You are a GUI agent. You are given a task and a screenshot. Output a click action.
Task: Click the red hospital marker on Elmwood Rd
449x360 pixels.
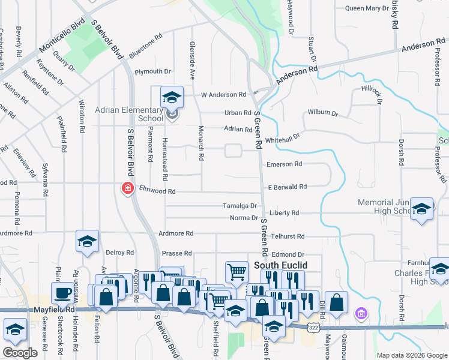click(127, 189)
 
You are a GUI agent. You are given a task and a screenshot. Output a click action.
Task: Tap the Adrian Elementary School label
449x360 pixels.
click(129, 115)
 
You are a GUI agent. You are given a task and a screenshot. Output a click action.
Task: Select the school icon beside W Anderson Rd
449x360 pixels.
click(172, 96)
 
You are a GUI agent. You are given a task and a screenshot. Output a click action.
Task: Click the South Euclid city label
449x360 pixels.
click(281, 265)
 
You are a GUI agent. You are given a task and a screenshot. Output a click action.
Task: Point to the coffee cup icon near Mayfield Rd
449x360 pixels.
click(62, 293)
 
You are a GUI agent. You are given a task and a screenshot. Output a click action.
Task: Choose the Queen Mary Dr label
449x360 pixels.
click(367, 8)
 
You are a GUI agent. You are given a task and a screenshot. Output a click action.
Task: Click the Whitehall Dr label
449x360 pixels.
click(282, 137)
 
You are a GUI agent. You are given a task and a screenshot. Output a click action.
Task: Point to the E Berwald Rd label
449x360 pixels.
click(288, 187)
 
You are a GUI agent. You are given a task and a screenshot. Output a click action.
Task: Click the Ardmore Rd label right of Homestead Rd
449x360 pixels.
click(176, 233)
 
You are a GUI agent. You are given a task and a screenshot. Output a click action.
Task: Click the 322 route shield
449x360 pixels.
click(313, 328)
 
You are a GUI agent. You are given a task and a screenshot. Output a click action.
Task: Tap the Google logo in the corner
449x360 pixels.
click(20, 353)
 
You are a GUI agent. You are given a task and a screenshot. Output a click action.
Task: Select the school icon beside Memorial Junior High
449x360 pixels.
click(422, 209)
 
